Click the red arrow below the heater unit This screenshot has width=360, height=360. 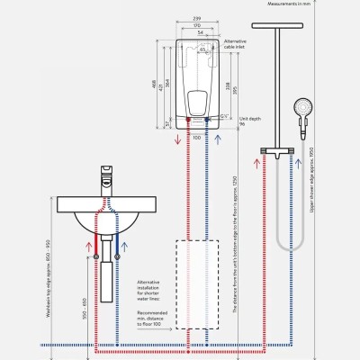click(186, 144)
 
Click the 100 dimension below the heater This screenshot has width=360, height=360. click(195, 138)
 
